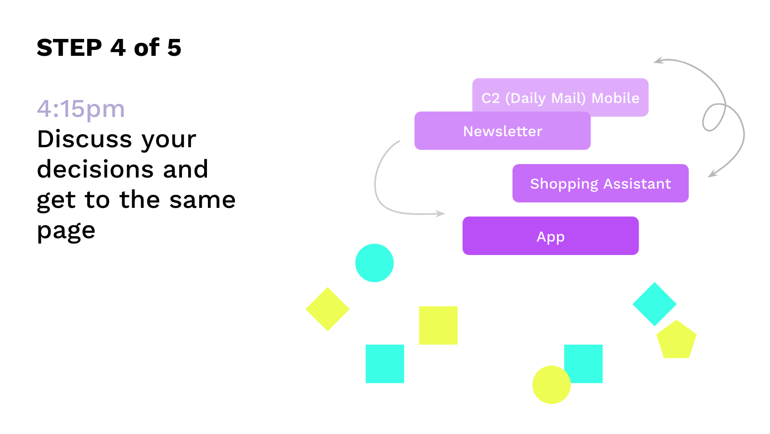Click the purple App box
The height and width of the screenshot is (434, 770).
(x=551, y=236)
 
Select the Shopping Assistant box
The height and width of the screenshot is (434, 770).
(x=600, y=183)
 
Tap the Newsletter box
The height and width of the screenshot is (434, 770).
(x=502, y=130)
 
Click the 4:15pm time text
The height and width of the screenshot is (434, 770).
(x=81, y=109)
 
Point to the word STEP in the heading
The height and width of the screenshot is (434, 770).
(x=69, y=48)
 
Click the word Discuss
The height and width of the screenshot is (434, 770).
(x=84, y=139)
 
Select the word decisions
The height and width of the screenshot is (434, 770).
(x=95, y=169)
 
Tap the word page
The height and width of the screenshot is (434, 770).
(x=66, y=231)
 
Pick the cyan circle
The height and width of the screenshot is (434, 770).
(x=374, y=263)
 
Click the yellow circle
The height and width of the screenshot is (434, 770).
(x=552, y=384)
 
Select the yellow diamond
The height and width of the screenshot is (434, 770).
(x=327, y=309)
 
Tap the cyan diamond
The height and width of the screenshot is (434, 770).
(x=654, y=304)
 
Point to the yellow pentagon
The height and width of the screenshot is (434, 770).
(x=676, y=340)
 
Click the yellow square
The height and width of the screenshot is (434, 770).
(x=438, y=325)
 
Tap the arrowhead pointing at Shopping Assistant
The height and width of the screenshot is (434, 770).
(x=712, y=174)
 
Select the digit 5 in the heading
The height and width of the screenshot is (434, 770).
(x=174, y=48)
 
